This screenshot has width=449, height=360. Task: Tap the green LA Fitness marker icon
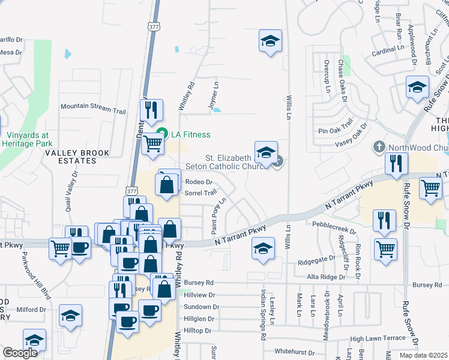[161, 133]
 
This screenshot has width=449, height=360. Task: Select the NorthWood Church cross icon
[379, 146]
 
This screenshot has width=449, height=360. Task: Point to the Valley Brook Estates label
[71, 157]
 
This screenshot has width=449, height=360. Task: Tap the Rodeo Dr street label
[199, 182]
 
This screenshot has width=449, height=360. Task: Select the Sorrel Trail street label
[200, 193]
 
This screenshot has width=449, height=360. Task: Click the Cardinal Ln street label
[382, 52]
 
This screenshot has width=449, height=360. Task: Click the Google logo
[20, 353]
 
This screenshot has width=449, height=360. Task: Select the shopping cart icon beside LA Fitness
[153, 143]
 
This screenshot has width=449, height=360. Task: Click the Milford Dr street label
[32, 310]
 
